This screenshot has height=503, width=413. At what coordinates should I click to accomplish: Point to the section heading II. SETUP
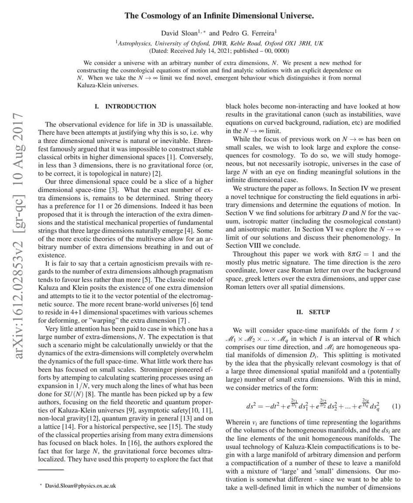(x=313, y=312)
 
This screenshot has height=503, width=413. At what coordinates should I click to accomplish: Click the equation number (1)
(x=396, y=406)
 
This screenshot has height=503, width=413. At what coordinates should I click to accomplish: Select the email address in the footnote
(x=81, y=486)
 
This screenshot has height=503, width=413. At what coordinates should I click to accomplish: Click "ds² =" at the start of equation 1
(x=255, y=407)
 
